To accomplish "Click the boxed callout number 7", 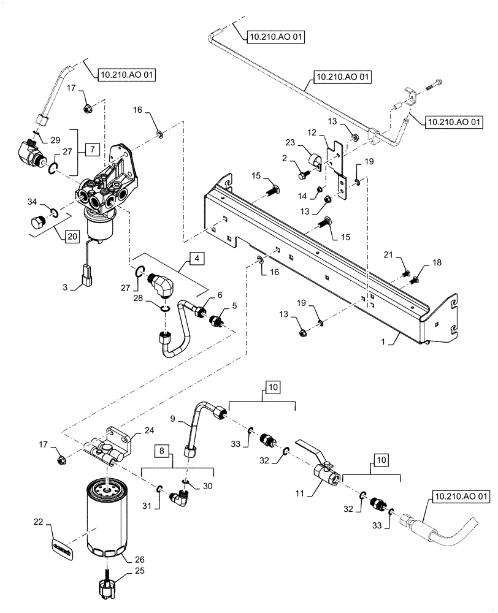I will coord(90,149).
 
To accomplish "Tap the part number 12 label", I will coord(312,132).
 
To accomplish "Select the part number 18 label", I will coord(436,263).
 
